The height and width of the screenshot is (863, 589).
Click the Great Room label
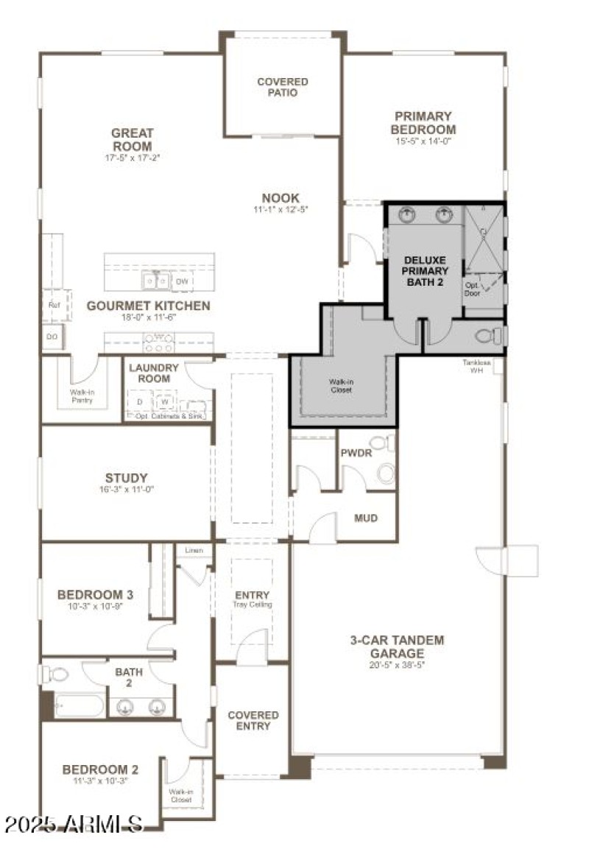[133, 139]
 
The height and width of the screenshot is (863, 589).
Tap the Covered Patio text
[283, 87]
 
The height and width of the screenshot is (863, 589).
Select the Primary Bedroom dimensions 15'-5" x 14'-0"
[423, 141]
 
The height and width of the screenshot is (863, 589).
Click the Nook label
[281, 198]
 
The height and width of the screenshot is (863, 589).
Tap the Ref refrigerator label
[54, 305]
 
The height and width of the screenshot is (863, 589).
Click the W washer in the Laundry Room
[166, 402]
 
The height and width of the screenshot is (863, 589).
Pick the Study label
[126, 478]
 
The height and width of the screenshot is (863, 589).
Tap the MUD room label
[366, 518]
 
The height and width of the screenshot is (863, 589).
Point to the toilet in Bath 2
[56, 674]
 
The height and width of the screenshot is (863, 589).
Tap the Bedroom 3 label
[96, 594]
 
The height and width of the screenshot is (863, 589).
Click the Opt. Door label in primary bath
[472, 289]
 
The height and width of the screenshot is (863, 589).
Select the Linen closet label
[194, 551]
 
